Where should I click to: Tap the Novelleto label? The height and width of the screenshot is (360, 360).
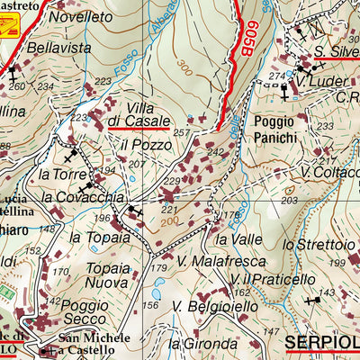point(80,16)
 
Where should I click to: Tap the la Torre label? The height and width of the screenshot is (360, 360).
point(56,173)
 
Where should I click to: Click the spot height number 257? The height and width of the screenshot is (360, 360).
point(184,132)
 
